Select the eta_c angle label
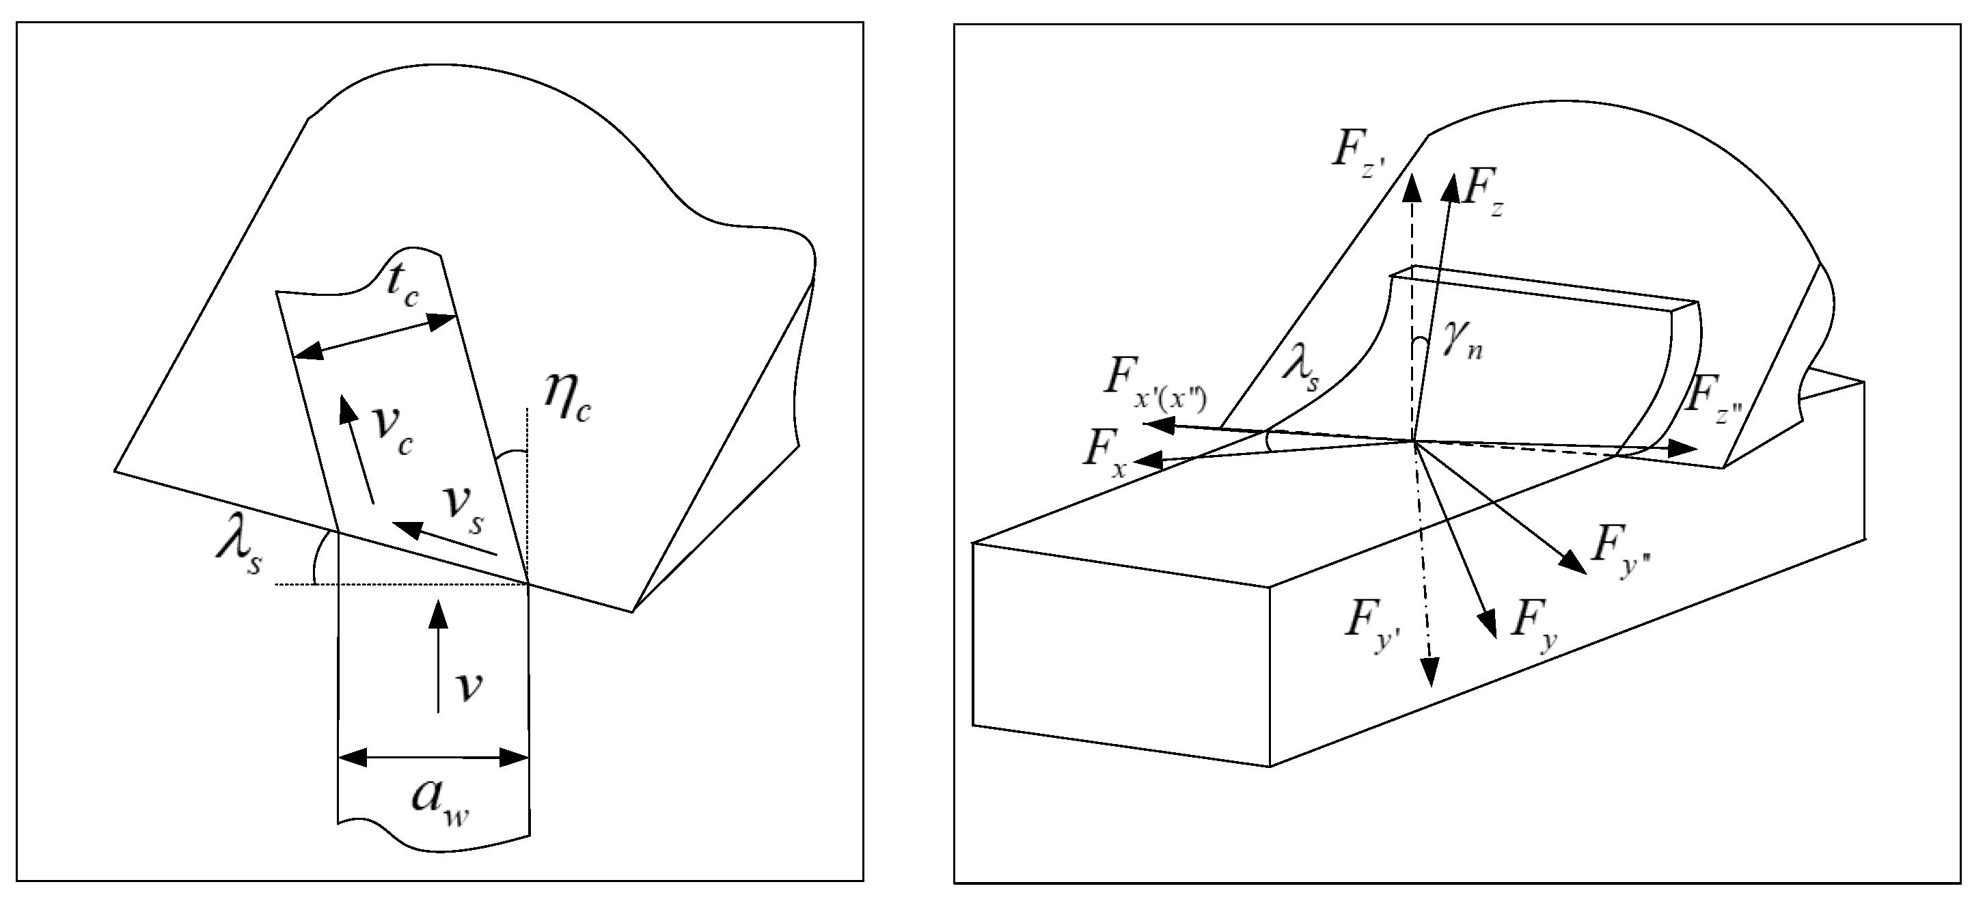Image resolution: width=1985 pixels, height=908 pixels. pyautogui.click(x=566, y=398)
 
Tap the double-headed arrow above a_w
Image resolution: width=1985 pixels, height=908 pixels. pyautogui.click(x=433, y=757)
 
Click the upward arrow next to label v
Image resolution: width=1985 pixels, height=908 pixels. pyautogui.click(x=439, y=655)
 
